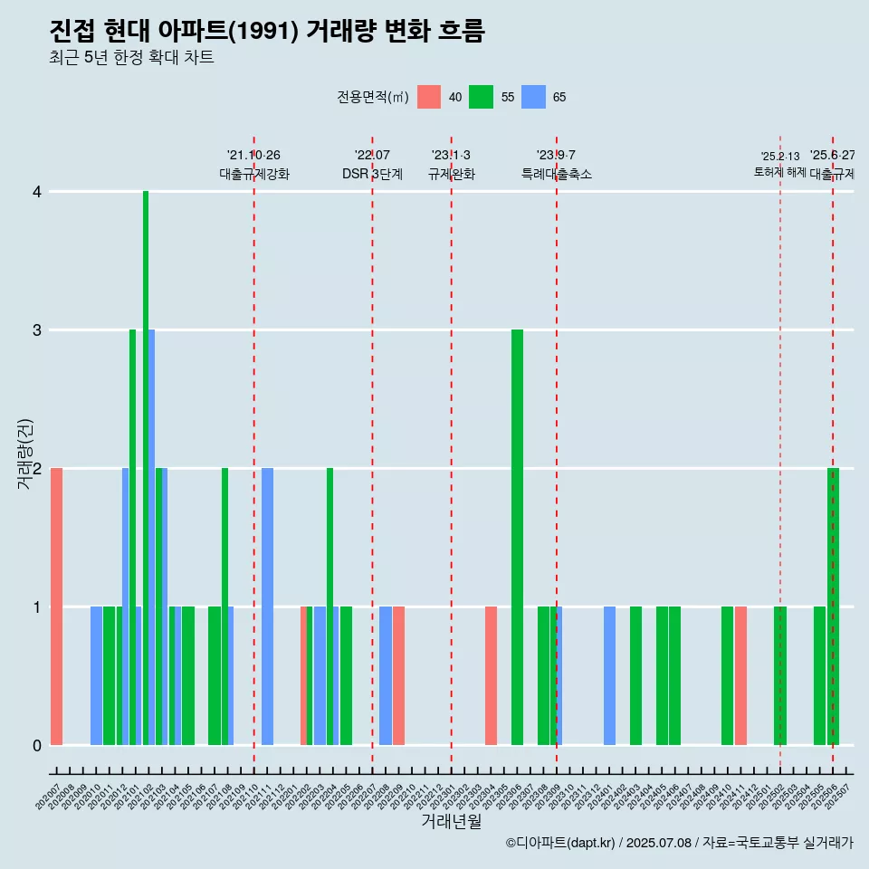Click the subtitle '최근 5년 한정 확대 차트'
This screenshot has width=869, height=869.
point(131,58)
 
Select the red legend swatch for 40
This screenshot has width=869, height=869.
point(429,97)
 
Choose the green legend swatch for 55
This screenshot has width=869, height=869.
point(481,97)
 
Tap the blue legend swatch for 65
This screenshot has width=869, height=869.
point(533,97)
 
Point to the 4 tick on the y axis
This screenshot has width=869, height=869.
point(36,191)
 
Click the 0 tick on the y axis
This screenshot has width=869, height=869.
point(36,745)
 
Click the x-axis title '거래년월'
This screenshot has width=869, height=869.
point(451,821)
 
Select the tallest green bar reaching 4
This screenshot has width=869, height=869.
point(146,468)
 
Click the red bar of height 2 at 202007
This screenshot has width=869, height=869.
point(56,606)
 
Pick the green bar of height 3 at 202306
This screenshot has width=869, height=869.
point(517,537)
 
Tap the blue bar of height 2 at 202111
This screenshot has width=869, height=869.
point(267,606)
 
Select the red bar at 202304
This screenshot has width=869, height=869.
point(491,675)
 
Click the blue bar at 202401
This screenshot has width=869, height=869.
point(609,675)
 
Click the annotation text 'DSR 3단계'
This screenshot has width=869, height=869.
point(372,174)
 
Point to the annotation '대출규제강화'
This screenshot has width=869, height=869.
point(253,174)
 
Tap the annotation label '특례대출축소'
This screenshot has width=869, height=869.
point(556,174)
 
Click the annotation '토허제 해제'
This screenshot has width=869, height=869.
point(779,171)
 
